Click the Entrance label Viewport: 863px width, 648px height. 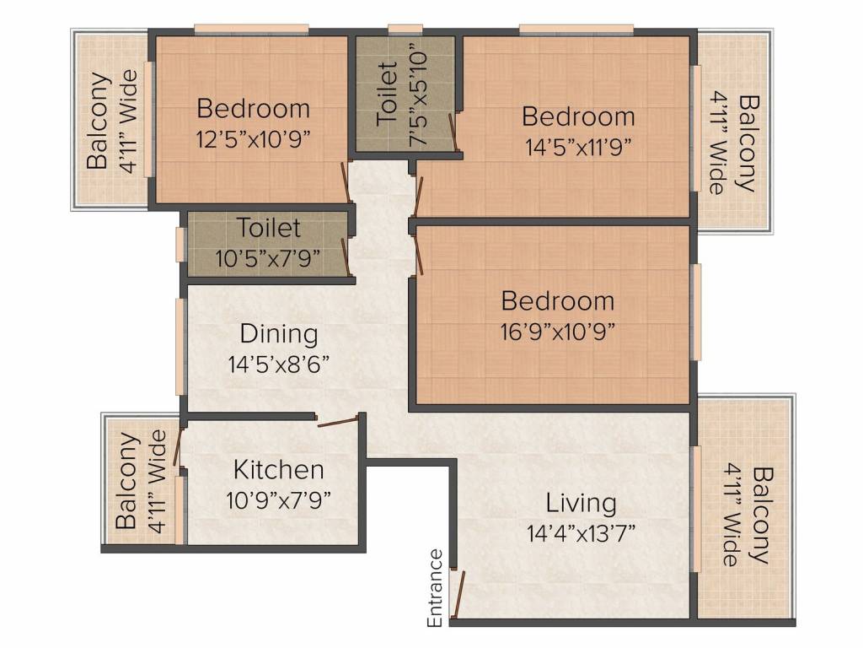pos(435,588)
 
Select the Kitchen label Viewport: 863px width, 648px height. pos(278,470)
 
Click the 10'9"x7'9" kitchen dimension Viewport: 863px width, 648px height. pos(278,500)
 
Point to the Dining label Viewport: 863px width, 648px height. pos(279,334)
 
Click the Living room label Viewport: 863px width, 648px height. pos(582,503)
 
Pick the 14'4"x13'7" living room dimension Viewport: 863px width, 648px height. pos(582,533)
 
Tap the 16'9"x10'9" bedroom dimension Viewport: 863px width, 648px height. pos(558,332)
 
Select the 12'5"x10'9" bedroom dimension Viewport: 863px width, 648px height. pos(253,139)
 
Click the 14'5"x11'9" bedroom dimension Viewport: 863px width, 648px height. pos(578,147)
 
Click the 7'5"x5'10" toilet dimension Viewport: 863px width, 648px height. pos(418,98)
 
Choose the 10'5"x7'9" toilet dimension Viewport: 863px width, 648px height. pos(268,258)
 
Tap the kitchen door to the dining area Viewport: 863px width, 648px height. pos(338,422)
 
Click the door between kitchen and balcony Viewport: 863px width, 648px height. pos(177,445)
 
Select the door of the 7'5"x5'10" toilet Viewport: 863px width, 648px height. pos(453,132)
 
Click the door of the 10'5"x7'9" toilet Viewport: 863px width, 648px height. pos(346,256)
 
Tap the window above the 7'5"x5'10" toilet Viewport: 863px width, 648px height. pos(405,30)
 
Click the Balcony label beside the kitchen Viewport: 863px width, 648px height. pos(126,480)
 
